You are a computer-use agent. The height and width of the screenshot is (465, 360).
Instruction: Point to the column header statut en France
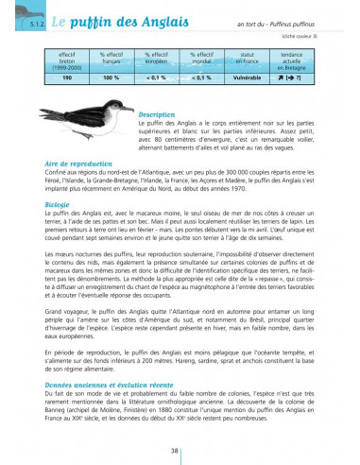pyautogui.click(x=249, y=59)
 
